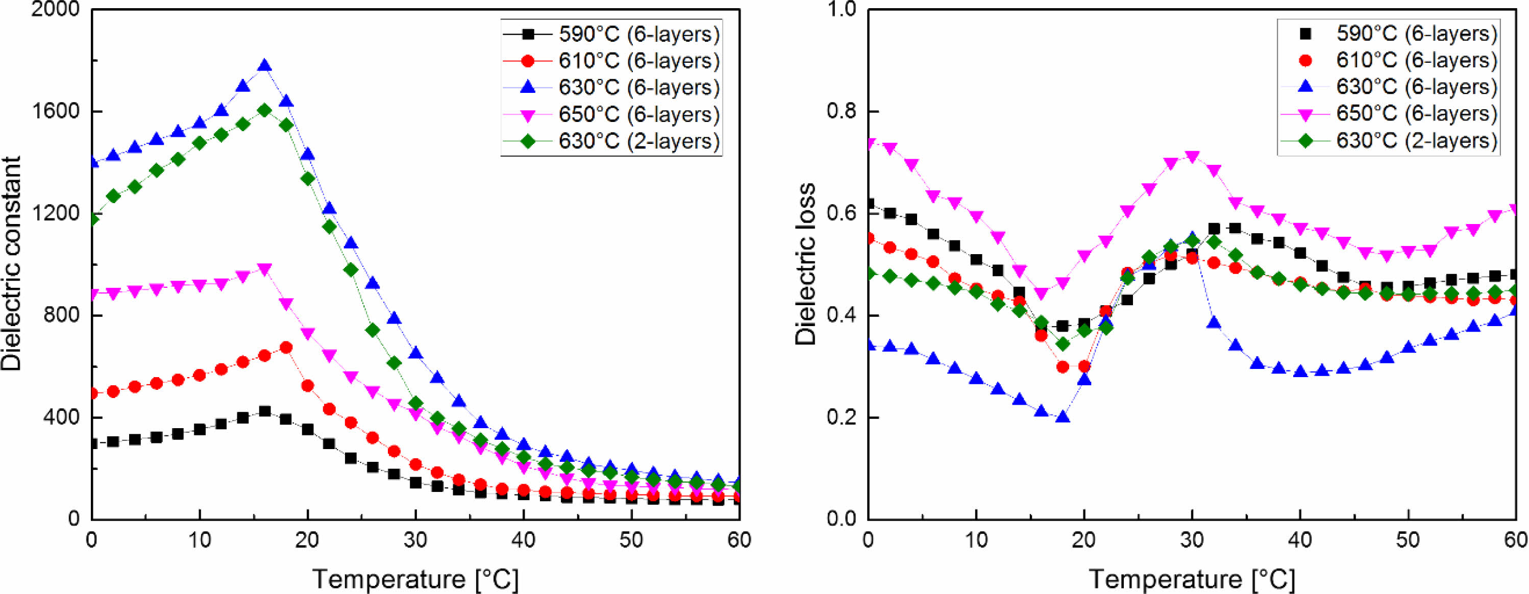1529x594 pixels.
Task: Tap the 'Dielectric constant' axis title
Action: (12, 263)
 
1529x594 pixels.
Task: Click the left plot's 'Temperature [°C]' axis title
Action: (415, 579)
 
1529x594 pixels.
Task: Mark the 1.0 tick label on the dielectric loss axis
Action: (844, 10)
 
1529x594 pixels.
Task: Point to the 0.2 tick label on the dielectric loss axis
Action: (844, 417)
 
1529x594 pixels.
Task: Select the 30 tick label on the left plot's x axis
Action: (415, 540)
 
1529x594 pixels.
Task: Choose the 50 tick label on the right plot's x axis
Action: (1408, 540)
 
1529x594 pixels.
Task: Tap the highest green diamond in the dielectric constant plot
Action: (265, 110)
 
